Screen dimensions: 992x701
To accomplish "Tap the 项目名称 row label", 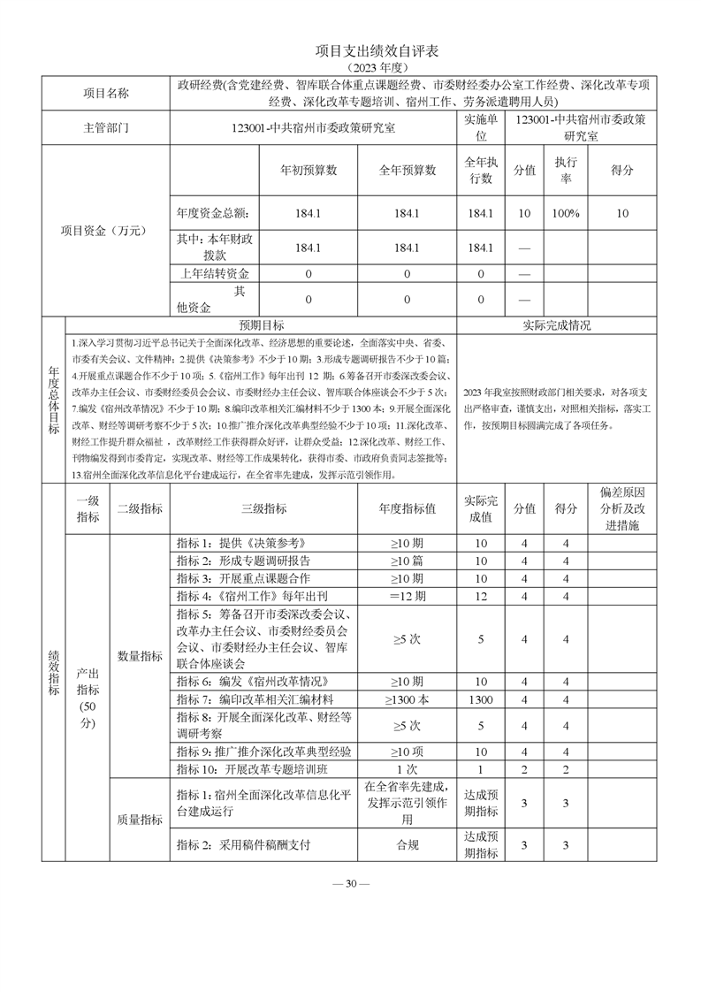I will [105, 94].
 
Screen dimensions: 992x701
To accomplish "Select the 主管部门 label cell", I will [105, 127].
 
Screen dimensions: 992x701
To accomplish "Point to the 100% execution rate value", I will [566, 213].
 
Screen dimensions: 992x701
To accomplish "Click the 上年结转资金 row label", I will [214, 274].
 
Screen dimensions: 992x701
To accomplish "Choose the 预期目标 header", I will [262, 325].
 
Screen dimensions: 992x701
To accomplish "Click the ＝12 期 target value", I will [407, 596].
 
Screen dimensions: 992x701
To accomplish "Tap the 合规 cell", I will [407, 844].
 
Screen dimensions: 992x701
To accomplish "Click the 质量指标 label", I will [140, 820].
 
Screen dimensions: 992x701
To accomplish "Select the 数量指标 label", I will [140, 656].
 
